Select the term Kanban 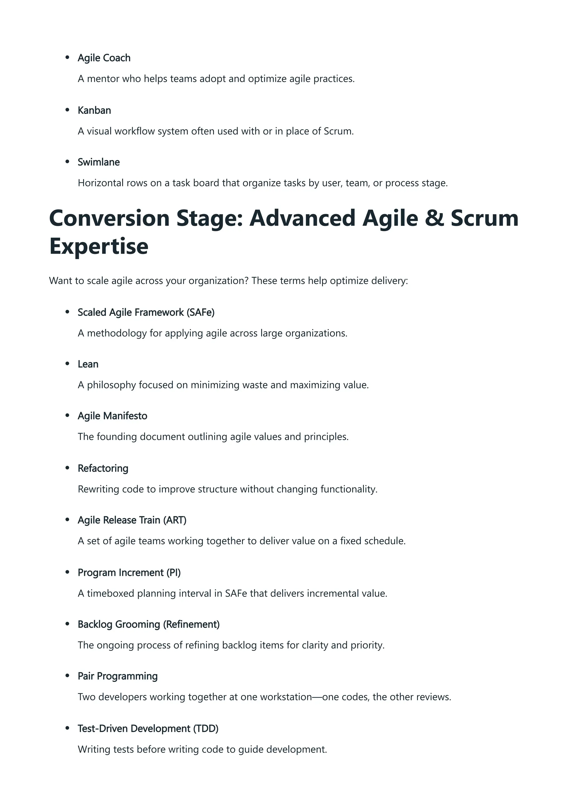click(x=94, y=110)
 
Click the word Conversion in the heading click(x=109, y=218)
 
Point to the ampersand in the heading click(x=434, y=218)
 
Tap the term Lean click(x=88, y=364)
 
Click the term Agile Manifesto click(x=112, y=416)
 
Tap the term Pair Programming click(x=117, y=676)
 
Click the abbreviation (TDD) click(x=206, y=729)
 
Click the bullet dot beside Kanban click(x=67, y=110)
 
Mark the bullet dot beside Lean click(x=67, y=364)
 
